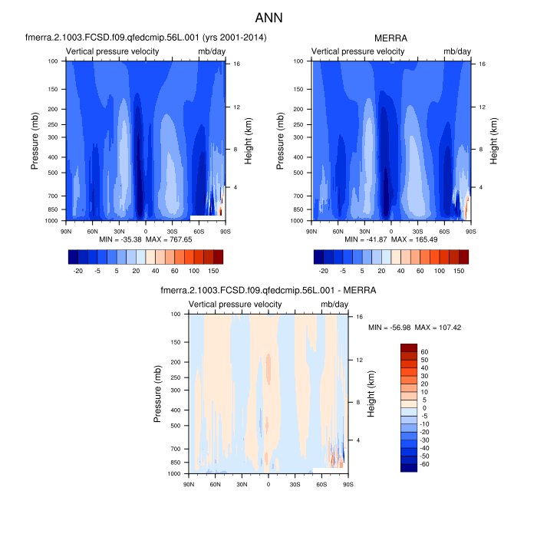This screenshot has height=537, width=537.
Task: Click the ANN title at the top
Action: [268, 17]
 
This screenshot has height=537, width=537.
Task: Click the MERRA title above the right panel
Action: [391, 38]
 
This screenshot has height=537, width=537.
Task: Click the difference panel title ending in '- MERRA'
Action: [268, 291]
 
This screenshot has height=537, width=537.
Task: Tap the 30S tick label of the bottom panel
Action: [295, 483]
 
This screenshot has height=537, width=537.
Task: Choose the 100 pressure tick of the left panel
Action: [54, 61]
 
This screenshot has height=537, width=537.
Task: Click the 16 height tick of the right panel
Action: [479, 64]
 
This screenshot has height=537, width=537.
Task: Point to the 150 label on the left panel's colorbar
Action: [218, 271]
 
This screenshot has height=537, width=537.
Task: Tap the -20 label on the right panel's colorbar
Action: [323, 271]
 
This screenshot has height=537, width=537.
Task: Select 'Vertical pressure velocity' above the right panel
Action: [357, 51]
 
